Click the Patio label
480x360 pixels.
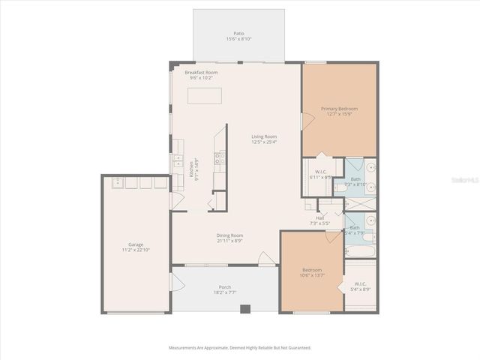point(238,34)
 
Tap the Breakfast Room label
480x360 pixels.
point(200,72)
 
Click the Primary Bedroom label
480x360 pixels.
point(339,109)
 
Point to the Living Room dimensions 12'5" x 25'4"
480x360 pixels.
point(264,140)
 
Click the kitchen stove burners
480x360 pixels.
point(218,157)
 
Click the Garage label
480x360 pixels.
point(136,244)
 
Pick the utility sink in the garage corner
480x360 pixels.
point(118,182)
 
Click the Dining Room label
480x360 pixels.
point(229,235)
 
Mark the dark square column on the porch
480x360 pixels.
point(244,308)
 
